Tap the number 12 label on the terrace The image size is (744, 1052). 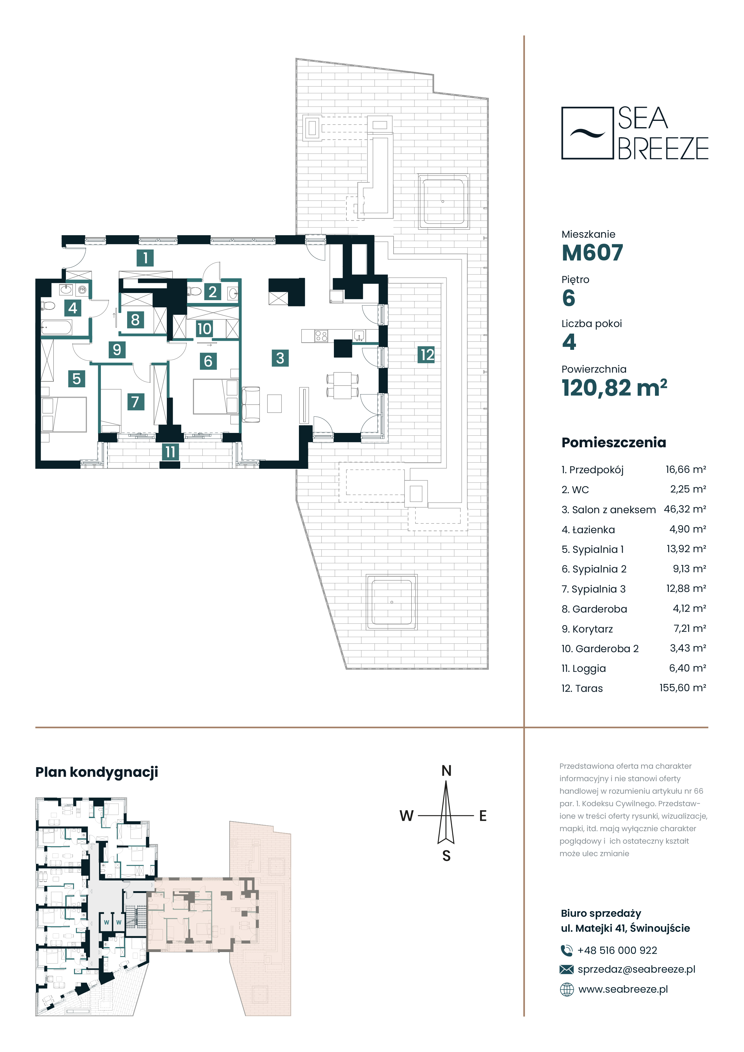pos(426,355)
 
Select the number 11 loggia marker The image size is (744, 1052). pos(170,452)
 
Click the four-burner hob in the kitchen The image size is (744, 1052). pos(321,336)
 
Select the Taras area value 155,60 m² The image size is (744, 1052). pos(682,688)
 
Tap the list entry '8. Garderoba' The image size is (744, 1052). pos(594,609)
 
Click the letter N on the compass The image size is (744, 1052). pos(446,771)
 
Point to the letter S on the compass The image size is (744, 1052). pos(446,856)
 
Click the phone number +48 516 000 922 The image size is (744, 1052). pos(617,950)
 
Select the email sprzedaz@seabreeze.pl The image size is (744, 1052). pos(636,969)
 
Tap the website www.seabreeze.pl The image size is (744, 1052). pos(623,989)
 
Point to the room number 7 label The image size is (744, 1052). pos(135,402)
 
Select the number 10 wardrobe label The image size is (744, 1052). pos(204,329)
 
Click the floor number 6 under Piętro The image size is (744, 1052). pos(568,298)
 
